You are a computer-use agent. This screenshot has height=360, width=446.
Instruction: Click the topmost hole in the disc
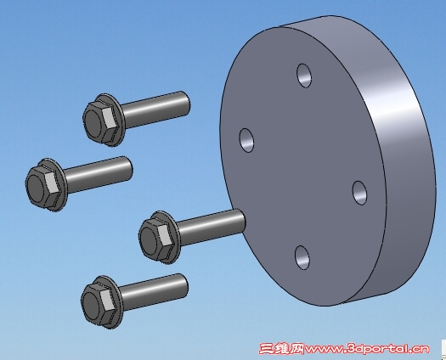304,76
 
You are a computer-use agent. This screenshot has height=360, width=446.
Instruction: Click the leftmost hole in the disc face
246,140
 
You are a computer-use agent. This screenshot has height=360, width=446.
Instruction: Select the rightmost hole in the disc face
359,193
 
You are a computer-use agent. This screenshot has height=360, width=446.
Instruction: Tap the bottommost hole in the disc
302,257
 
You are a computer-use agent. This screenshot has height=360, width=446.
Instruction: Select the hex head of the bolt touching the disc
156,239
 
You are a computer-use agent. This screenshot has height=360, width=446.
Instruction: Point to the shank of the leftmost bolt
99,174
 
